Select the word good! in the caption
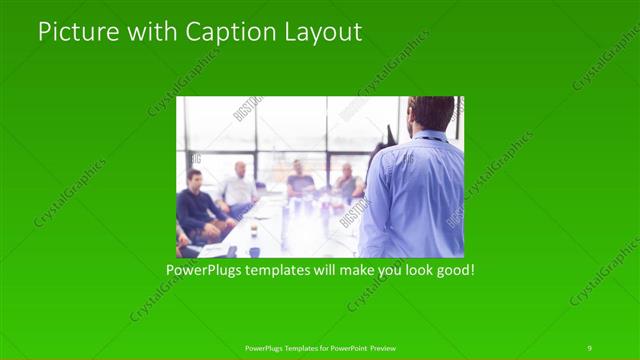tap(452, 270)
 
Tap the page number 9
tap(589, 347)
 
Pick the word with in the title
tap(149, 32)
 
